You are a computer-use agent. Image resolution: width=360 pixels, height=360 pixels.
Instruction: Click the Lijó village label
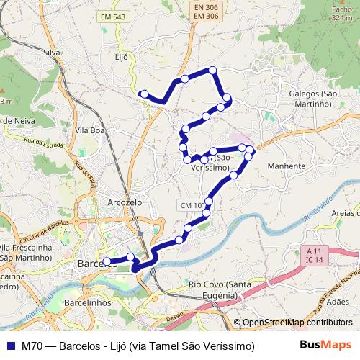coord(121,56)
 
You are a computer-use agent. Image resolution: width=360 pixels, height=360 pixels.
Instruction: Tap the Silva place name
coord(51,53)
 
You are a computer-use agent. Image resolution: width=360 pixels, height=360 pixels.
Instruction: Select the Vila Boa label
coord(90,130)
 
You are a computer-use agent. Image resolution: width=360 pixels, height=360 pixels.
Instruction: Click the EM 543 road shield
coord(113,16)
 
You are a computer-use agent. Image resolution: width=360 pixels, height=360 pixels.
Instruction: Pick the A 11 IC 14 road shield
coord(312,254)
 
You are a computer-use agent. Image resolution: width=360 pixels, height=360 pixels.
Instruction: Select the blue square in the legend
coord(9,346)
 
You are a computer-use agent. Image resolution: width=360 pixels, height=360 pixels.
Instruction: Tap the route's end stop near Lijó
coord(144,94)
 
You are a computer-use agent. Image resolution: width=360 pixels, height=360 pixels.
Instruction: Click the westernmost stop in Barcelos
coord(107,261)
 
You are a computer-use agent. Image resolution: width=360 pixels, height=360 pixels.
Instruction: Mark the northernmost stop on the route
coord(212,70)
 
